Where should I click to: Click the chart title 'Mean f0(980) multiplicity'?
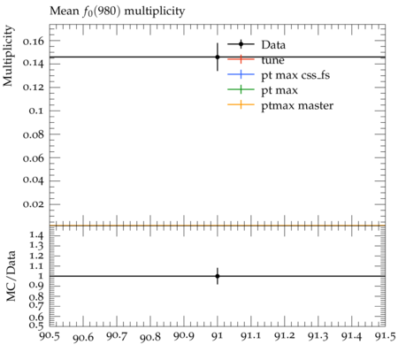point(118,11)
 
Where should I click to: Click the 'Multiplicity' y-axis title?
point(8,56)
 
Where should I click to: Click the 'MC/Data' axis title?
point(11,276)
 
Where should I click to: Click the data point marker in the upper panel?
point(218,57)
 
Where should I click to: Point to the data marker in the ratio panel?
point(218,276)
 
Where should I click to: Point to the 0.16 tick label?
point(34,41)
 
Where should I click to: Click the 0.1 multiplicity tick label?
point(36,111)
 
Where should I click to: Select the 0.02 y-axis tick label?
point(34,204)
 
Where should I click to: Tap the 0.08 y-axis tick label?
point(34,134)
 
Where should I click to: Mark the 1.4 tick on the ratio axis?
point(36,235)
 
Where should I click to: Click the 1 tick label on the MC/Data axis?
point(41,276)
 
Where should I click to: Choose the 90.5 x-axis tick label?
point(50,336)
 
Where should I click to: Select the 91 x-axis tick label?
point(218,336)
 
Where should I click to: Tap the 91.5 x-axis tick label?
point(385,336)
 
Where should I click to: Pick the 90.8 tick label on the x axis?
point(150,337)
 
